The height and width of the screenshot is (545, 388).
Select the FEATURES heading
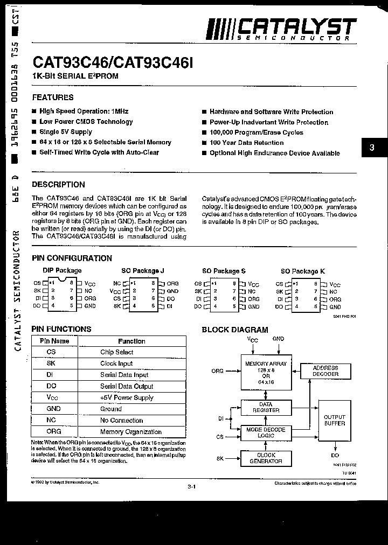pos(53,97)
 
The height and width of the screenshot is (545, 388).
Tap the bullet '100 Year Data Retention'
pos(246,143)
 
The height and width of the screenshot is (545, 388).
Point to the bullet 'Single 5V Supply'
pos(65,132)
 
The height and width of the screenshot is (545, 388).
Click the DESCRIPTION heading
pos(58,184)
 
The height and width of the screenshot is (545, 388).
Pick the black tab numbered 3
pos(371,148)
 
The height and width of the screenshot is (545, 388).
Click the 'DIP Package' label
pos(62,270)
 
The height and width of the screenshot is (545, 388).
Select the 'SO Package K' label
pos(303,271)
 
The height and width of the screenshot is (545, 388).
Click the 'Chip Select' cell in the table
pos(116,352)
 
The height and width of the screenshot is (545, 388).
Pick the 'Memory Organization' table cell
pos(130,431)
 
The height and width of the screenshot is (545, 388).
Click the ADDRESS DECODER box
pos(325,371)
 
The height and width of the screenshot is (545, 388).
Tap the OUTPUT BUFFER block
pos(334,420)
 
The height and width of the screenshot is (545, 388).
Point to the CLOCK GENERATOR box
pos(266,458)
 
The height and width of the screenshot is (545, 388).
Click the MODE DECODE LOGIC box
pos(266,432)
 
